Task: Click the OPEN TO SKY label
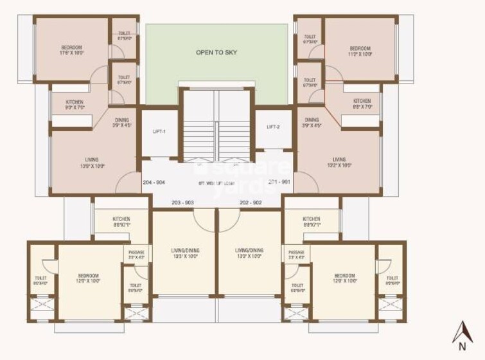[216, 52]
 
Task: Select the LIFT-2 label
[273, 127]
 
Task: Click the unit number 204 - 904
[154, 182]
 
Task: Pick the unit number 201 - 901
[279, 181]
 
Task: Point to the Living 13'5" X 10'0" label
[92, 163]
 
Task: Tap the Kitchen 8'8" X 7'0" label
[362, 104]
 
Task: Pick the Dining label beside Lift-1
[122, 122]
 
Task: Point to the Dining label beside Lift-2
[312, 122]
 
